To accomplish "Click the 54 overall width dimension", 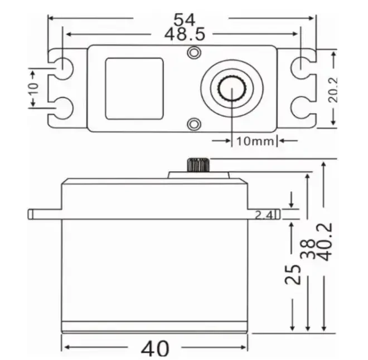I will click(184, 19).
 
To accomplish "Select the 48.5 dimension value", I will click(185, 34).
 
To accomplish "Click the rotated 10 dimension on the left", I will click(33, 88).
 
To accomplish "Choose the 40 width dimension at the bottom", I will click(155, 348).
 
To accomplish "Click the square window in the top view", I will click(134, 88).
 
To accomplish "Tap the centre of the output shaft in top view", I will click(231, 87).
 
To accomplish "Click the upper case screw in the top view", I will click(193, 52).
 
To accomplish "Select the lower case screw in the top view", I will click(193, 123).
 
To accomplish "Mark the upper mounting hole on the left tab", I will click(62, 65).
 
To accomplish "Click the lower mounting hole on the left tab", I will click(62, 108).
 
